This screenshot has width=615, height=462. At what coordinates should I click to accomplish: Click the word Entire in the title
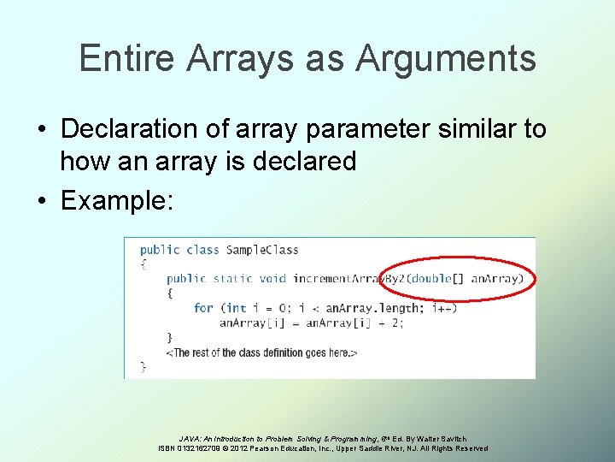pos(126,59)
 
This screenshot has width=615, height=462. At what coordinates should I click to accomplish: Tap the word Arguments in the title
pos(446,59)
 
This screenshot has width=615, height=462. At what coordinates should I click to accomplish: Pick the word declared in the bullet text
pos(303,161)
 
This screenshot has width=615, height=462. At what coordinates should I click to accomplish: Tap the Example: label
pos(117,201)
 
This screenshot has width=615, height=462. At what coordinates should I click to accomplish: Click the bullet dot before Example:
pos(42,202)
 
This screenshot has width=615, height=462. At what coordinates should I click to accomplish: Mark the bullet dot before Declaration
pos(42,130)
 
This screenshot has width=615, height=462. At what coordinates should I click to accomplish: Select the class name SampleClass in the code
pos(262,250)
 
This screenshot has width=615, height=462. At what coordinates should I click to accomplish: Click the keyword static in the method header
pos(232,279)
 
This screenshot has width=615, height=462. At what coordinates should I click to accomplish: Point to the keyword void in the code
pos(273,279)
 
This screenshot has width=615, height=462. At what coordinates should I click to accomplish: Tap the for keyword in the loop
pos(203,308)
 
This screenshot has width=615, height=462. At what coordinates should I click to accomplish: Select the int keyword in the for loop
pos(237,308)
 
